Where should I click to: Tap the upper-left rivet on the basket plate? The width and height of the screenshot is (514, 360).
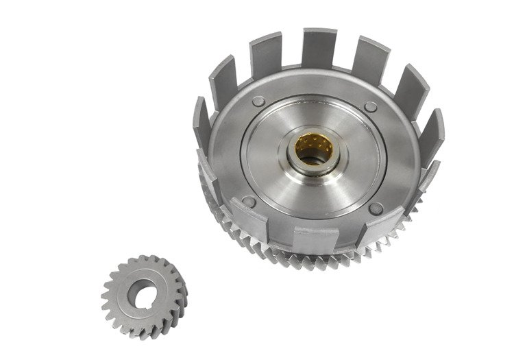coord(257,101)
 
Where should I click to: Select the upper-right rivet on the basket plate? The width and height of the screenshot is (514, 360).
coord(371,107)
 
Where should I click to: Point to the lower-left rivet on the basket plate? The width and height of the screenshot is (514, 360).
coord(248,202)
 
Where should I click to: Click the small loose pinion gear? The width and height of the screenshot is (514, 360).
coord(143,295)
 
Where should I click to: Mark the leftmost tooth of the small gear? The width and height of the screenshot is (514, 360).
coord(105,296)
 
